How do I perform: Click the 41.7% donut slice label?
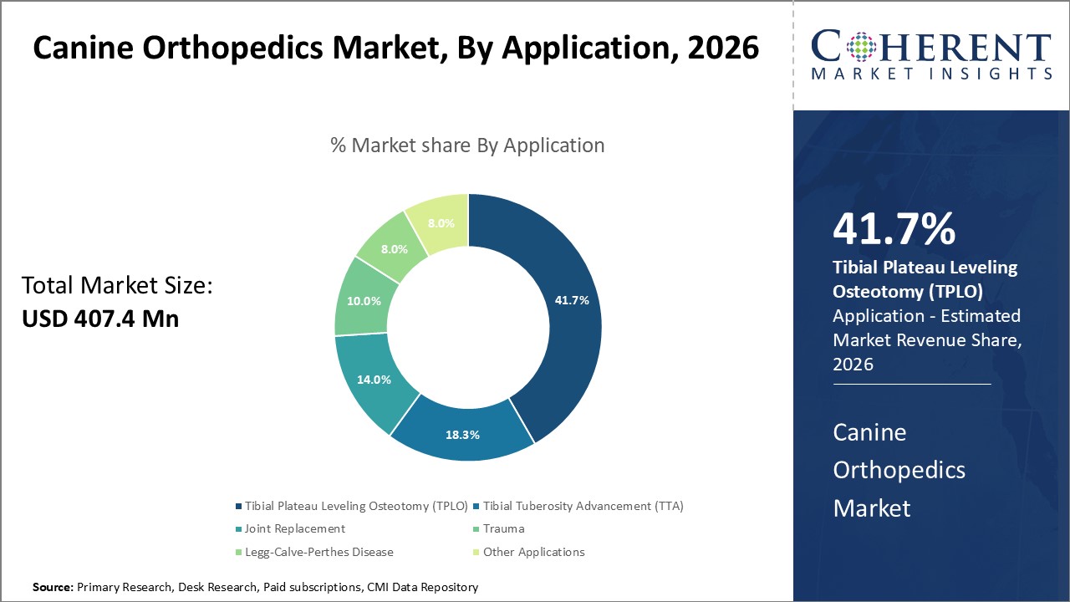point(572,300)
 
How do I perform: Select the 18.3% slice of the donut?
point(462,435)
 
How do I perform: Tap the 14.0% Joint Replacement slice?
point(373,379)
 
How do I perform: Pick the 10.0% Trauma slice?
point(364,301)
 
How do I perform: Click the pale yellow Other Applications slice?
point(441,223)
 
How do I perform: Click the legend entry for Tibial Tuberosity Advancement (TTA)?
point(583,506)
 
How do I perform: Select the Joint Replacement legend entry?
point(295,528)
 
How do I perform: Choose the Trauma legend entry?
point(503,528)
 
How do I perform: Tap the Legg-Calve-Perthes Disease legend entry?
point(318,552)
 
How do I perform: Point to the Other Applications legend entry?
point(533,552)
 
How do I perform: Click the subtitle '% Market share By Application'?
point(467,145)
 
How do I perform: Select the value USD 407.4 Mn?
point(100,318)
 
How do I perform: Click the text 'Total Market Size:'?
point(118,286)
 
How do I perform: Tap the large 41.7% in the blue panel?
point(894,229)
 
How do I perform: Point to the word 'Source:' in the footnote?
point(53,588)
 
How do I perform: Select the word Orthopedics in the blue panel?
point(899,470)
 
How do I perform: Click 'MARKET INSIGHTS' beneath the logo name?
point(931,74)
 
